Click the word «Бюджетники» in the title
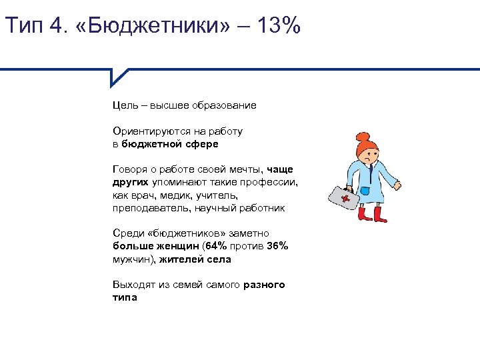(x=159, y=27)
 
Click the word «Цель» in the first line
(x=125, y=105)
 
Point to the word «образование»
(x=224, y=105)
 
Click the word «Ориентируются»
(x=147, y=131)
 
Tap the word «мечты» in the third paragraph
(x=248, y=169)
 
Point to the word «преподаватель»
(x=151, y=208)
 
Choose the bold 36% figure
(x=277, y=246)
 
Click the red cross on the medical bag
(x=345, y=197)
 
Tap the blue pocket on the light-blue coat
(x=365, y=192)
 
